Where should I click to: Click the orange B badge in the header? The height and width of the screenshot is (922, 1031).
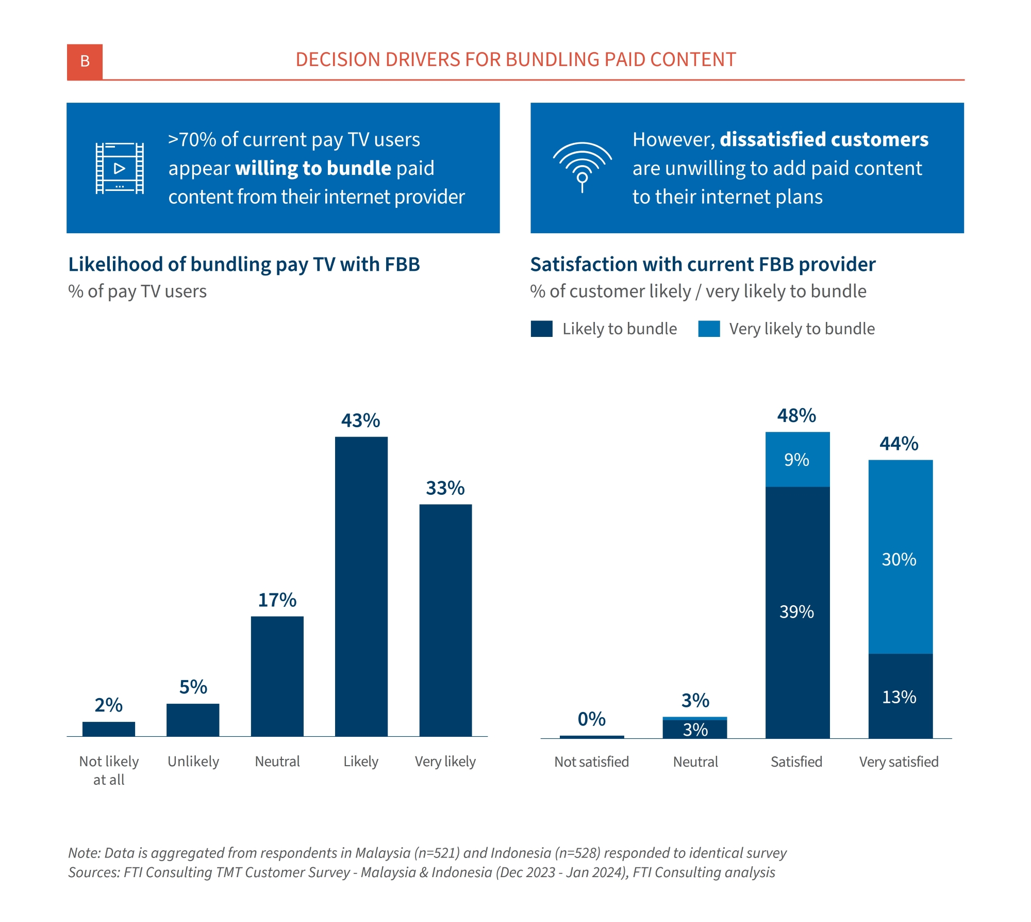click(85, 61)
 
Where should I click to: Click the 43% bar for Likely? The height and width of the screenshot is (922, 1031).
click(361, 586)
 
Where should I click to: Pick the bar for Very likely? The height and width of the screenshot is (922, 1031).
click(445, 620)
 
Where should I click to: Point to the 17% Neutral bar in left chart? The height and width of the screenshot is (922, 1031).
click(277, 676)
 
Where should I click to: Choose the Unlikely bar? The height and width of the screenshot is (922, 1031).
click(193, 720)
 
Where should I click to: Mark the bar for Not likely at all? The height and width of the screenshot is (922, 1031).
click(109, 729)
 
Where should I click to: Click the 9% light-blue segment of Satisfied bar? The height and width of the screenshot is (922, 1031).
click(797, 459)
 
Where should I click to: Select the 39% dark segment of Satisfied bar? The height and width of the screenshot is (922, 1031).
click(797, 612)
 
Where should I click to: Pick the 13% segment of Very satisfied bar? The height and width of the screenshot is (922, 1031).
click(900, 697)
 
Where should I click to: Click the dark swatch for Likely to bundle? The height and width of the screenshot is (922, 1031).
click(541, 329)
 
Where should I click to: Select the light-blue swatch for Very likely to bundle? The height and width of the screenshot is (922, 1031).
click(709, 329)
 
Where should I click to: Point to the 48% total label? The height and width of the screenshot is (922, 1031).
click(796, 415)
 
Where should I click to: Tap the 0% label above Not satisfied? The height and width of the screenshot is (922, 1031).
click(591, 719)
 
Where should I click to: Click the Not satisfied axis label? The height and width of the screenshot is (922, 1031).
click(591, 762)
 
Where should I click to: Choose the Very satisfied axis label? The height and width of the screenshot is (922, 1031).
click(899, 762)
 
